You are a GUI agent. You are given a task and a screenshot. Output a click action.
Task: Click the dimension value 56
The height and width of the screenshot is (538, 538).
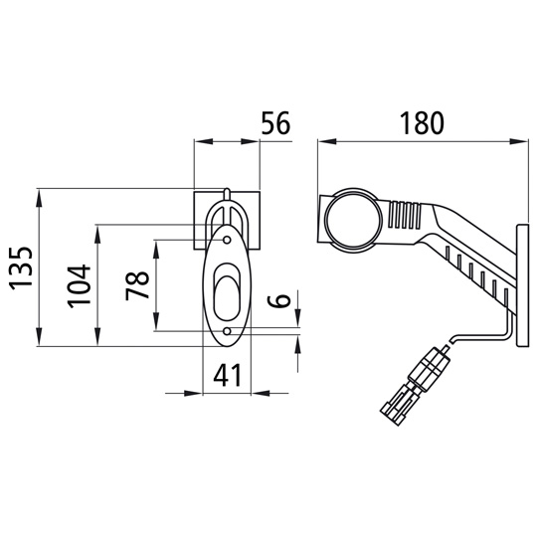275,122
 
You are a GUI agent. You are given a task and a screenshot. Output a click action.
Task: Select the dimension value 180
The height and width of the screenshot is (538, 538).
422,123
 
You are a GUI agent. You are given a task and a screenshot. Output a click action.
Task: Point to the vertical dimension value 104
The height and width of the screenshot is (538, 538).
80,285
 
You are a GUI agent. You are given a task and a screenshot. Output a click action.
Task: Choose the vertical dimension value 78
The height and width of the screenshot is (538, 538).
137,285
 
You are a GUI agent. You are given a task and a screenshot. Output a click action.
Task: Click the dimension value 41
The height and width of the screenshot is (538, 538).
227,375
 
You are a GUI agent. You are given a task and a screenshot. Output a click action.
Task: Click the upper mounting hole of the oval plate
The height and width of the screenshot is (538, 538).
227,240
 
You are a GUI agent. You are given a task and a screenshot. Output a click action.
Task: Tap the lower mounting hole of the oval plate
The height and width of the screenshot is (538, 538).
227,331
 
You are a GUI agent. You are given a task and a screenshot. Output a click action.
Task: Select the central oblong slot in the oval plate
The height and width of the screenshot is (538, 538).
227,291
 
